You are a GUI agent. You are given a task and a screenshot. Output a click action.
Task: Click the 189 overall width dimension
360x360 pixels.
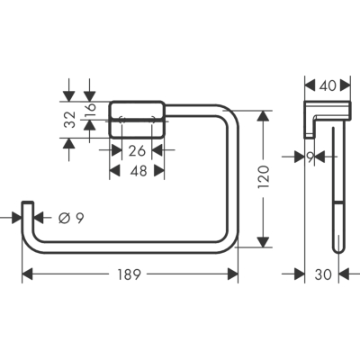tap(129, 274)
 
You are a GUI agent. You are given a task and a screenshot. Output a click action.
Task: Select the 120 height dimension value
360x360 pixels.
tap(264, 177)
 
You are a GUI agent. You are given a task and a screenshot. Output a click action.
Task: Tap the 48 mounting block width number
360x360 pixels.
tap(139, 171)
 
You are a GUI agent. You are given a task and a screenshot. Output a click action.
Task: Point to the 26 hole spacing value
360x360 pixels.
tap(137, 150)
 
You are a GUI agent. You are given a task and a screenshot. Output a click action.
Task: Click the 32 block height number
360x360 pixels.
tap(71, 120)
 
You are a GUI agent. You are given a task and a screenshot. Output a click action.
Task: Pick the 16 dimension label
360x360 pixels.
tap(90, 110)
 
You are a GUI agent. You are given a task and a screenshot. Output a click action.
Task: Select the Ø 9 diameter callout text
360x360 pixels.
tap(71, 218)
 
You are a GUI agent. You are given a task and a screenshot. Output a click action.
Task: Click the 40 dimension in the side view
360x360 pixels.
tap(328, 86)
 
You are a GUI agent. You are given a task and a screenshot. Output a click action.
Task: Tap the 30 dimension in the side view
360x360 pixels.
tap(323, 274)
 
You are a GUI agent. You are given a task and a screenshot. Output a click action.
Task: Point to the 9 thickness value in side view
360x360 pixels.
tap(310, 157)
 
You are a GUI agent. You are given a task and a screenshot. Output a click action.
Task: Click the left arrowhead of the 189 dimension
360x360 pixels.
tap(27, 274)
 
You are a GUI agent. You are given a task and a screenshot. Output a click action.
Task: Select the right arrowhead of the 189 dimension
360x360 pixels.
tap(233, 274)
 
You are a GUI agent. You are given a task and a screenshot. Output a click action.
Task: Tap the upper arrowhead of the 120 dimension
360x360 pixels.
tap(263, 116)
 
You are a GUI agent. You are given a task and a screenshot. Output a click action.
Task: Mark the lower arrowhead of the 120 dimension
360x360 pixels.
tap(263, 242)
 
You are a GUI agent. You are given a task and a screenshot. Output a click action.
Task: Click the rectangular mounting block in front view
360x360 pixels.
tap(137, 120)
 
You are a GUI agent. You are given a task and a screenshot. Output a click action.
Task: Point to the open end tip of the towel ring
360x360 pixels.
tap(27, 202)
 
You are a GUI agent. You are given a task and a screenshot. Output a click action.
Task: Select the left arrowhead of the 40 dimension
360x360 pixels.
tap(310, 85)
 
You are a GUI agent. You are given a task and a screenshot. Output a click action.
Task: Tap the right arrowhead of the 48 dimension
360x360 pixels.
tap(159, 171)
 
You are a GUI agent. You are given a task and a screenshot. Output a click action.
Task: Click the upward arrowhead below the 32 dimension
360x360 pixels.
tap(69, 143)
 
